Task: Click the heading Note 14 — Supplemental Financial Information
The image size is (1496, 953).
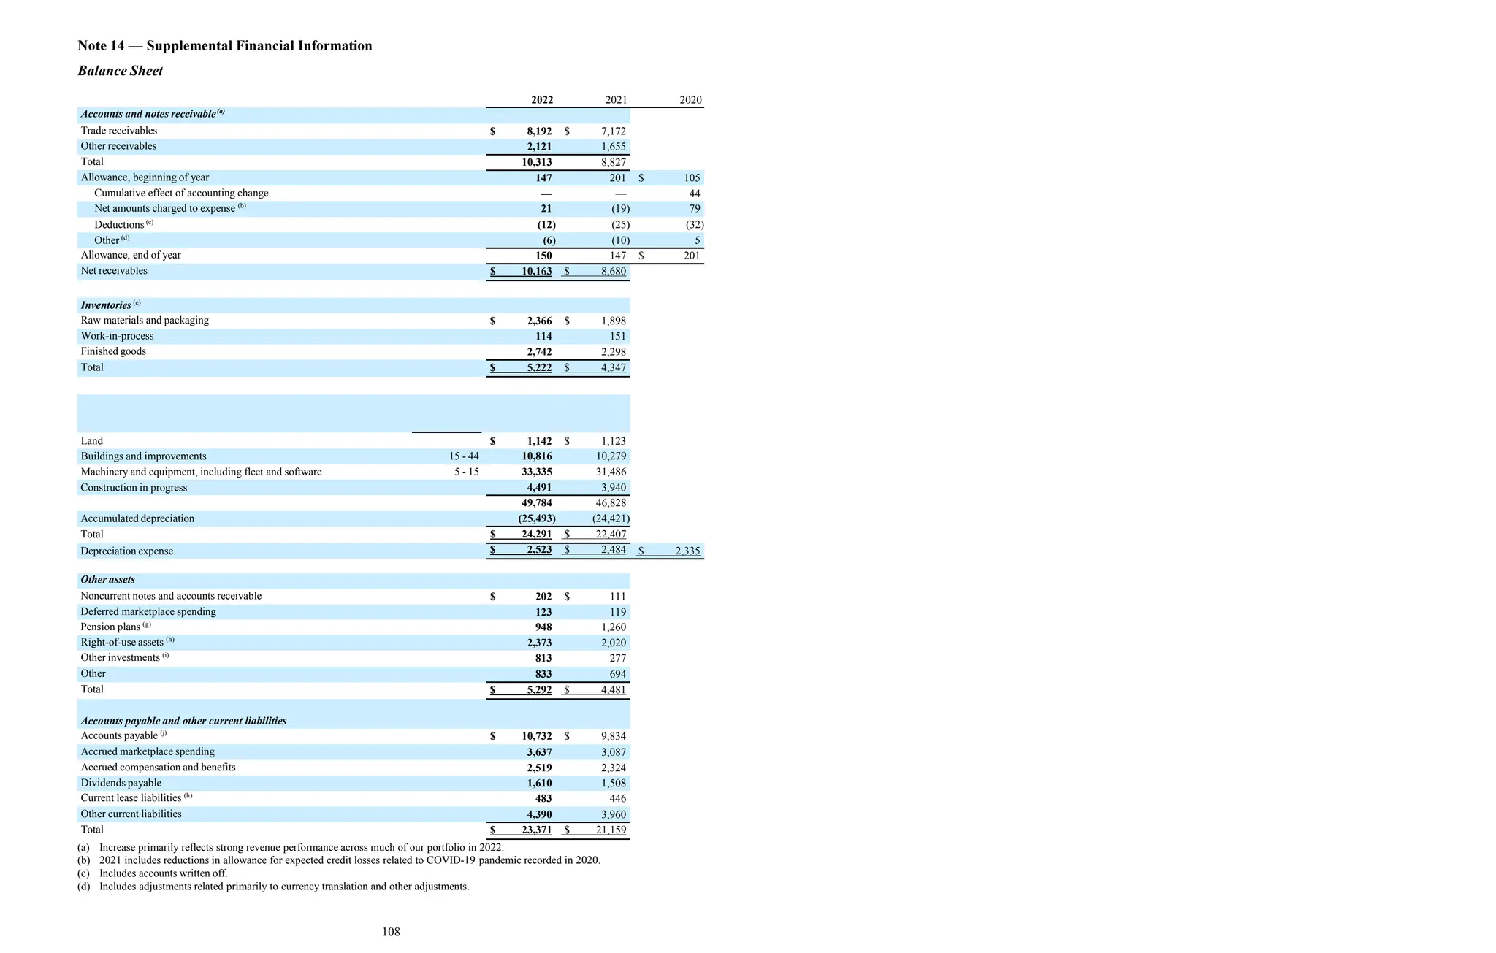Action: pos(225,46)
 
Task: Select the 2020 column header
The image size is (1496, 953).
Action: pos(690,100)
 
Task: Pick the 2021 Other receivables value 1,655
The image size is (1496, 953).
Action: pos(614,146)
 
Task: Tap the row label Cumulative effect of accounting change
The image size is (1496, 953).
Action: pos(181,193)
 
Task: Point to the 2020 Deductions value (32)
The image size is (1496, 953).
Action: pos(694,225)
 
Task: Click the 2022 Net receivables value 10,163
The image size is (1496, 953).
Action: pos(537,271)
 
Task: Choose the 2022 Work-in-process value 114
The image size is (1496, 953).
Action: pos(543,336)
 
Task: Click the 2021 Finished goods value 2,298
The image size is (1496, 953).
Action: pos(614,351)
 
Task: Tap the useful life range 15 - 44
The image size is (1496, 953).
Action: pos(464,456)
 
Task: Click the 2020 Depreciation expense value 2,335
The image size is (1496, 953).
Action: pos(687,551)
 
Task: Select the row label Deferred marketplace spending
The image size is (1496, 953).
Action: pos(148,611)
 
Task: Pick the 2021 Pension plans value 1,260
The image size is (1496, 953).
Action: pos(614,627)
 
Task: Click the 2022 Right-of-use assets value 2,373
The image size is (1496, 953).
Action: pos(539,643)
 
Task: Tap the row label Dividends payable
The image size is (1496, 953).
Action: pos(121,783)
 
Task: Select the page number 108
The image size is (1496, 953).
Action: pos(391,932)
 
